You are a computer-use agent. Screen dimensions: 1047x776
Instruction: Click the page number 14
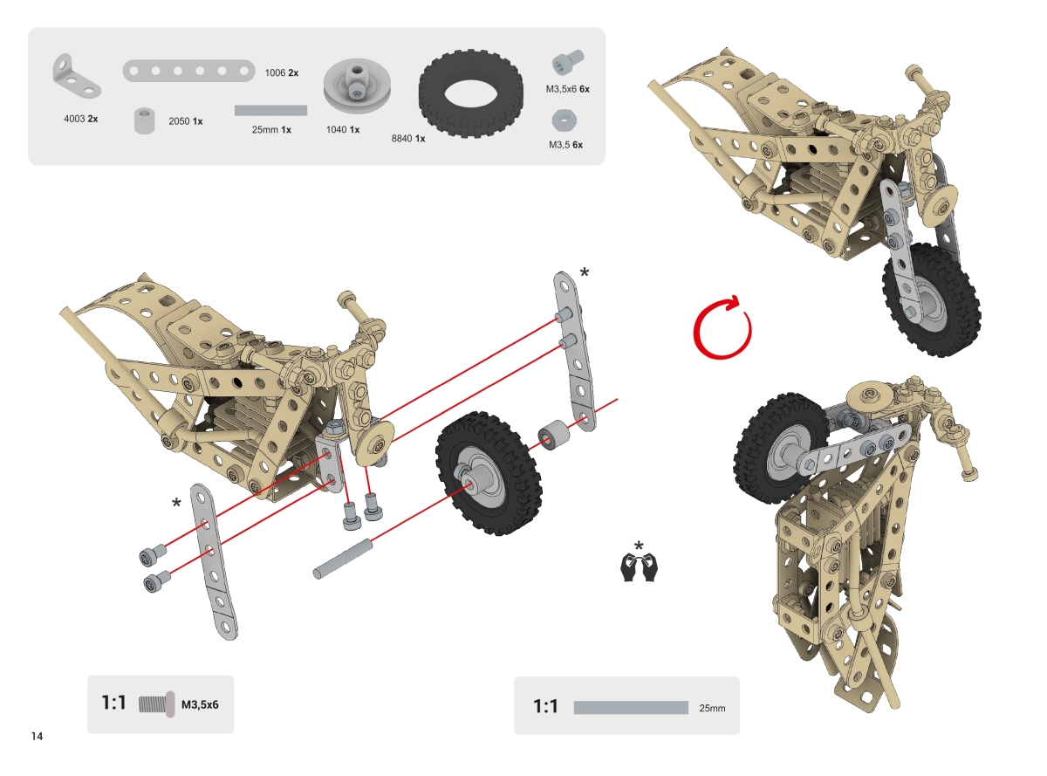[37, 736]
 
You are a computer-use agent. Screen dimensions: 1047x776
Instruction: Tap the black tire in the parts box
[470, 94]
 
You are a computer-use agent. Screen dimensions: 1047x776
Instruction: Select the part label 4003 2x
[81, 119]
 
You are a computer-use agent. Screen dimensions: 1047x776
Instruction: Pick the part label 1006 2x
[281, 72]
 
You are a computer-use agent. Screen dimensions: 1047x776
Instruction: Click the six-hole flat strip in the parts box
[188, 71]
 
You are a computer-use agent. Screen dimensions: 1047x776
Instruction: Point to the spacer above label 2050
[145, 121]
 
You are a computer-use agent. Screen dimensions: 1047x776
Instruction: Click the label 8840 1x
[407, 139]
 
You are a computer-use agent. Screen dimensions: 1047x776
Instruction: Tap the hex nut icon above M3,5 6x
[565, 120]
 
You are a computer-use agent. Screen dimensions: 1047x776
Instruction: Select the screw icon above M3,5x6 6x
[568, 62]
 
